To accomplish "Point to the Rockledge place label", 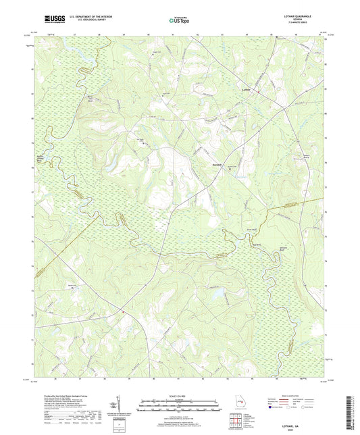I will tap(215, 163).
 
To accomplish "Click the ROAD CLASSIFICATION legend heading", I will tap(302, 396).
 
